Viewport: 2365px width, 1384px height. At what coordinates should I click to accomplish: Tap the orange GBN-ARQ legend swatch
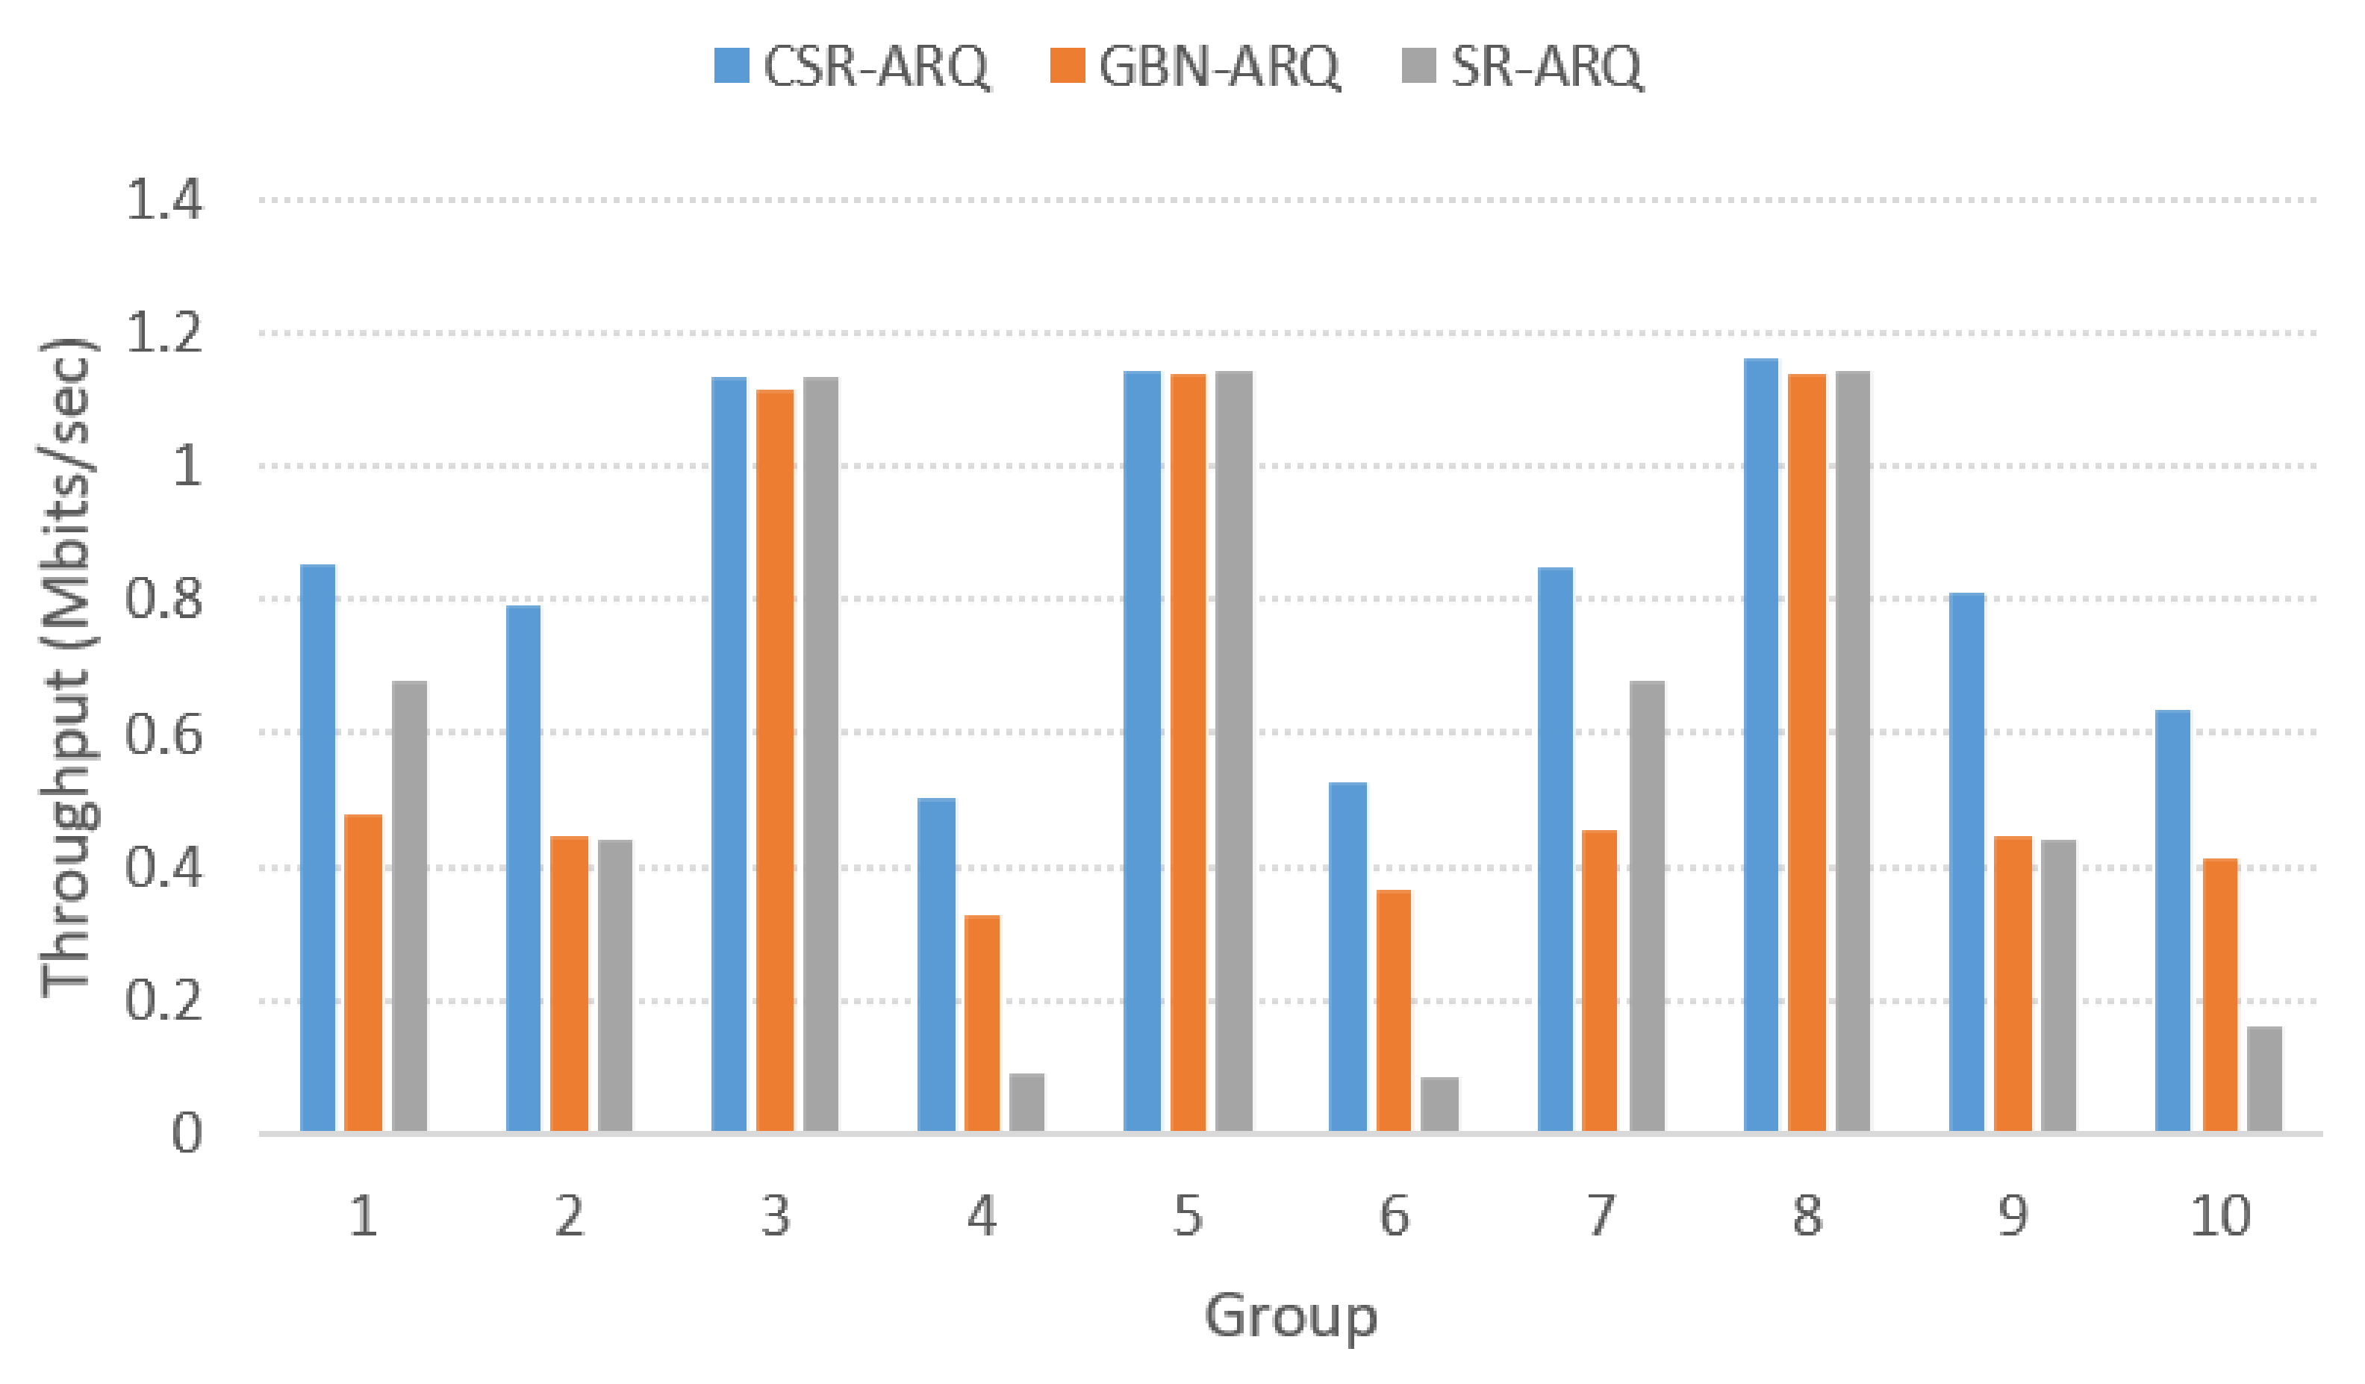click(x=1067, y=66)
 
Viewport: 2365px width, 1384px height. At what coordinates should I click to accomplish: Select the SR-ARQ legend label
click(x=1547, y=66)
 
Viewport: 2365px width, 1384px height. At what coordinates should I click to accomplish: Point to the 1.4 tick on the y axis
click(x=163, y=200)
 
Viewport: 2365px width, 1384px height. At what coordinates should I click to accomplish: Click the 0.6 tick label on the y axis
click(x=163, y=734)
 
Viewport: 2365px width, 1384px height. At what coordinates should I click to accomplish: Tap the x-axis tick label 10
click(x=2220, y=1217)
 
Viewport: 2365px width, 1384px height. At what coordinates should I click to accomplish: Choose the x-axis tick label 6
click(x=1394, y=1217)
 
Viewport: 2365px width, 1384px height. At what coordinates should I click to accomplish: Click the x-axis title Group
click(x=1291, y=1316)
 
